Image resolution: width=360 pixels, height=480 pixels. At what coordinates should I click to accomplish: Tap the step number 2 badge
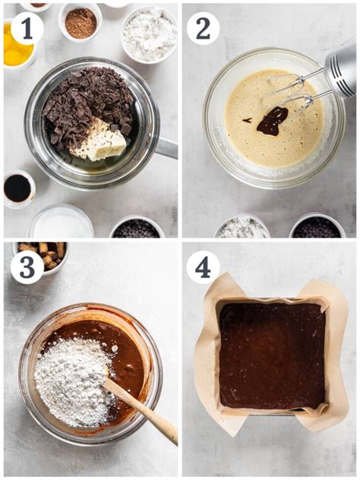click(x=203, y=28)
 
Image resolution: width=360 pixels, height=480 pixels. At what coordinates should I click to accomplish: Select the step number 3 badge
click(x=27, y=267)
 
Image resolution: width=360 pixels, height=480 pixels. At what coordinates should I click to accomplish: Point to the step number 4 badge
click(x=203, y=268)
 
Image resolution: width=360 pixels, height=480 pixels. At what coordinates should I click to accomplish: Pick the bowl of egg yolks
click(x=17, y=46)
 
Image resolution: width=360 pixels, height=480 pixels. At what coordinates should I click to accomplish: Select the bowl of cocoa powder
click(x=81, y=22)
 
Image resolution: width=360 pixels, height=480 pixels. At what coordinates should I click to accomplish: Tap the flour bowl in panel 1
click(x=150, y=34)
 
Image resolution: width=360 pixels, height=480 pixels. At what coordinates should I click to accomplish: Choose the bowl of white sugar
click(x=62, y=222)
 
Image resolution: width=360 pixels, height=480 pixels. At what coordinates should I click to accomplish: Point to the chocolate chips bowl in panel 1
click(x=137, y=227)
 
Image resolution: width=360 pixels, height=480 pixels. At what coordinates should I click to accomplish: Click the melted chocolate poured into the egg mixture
click(x=273, y=121)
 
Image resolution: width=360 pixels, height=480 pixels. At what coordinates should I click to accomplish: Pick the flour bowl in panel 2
click(x=243, y=226)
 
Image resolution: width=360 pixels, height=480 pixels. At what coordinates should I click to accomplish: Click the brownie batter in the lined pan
click(x=272, y=355)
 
